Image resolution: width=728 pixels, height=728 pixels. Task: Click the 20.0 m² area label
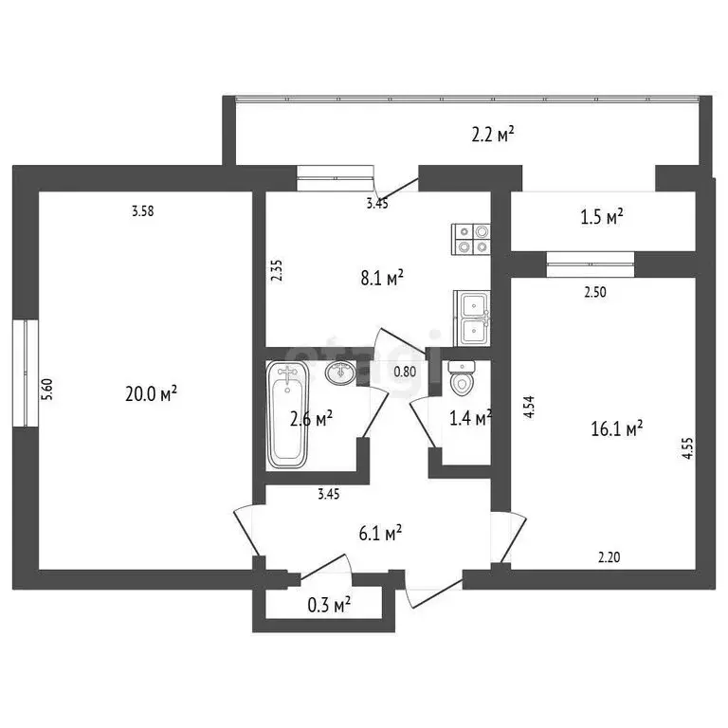(151, 393)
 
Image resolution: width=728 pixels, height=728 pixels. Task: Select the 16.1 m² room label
(616, 428)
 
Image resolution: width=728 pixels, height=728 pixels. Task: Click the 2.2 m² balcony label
(492, 135)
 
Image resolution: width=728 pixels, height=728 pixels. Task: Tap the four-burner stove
(471, 238)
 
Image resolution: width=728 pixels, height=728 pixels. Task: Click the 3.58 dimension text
(142, 211)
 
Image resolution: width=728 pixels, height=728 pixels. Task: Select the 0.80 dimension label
(405, 372)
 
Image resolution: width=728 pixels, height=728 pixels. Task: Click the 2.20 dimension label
(609, 558)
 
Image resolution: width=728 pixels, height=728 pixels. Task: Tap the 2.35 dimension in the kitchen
(276, 271)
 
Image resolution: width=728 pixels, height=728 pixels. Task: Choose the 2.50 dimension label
(594, 293)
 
